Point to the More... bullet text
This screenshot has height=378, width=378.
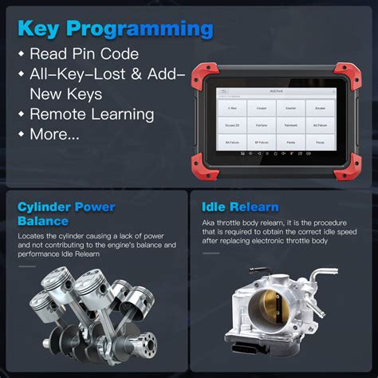[54, 133]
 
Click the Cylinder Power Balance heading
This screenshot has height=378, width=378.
[65, 215]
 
